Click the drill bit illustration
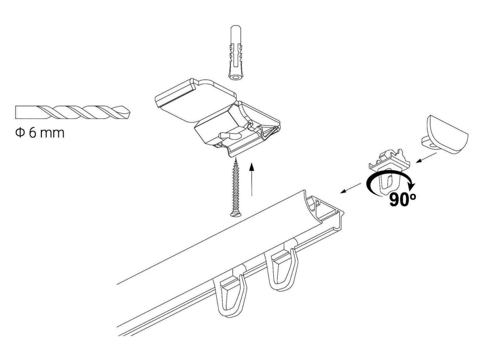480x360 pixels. (x=72, y=112)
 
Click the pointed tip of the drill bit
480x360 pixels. (x=130, y=113)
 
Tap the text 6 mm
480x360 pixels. (x=47, y=133)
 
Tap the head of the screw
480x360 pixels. (x=236, y=214)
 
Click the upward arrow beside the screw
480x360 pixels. (x=252, y=179)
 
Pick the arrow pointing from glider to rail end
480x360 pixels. (x=350, y=188)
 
